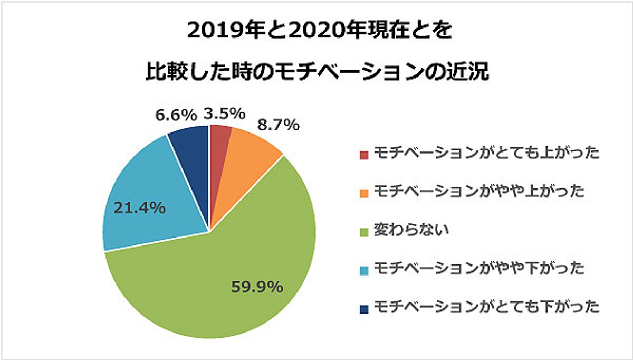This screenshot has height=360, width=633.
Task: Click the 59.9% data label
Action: (257, 288)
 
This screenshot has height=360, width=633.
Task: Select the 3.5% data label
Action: (224, 113)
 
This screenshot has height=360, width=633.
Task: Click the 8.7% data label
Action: (278, 125)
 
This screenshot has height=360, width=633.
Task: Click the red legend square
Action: (364, 155)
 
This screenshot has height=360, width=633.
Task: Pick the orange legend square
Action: (364, 193)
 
